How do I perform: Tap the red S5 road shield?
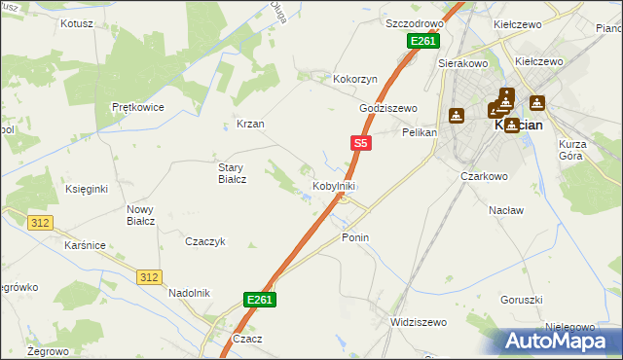tap(360, 143)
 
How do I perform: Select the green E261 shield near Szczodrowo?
tap(423, 41)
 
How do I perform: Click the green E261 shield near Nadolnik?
tap(260, 300)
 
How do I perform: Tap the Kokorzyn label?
tap(354, 78)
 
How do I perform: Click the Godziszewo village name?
tap(387, 108)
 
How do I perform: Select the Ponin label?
tap(355, 237)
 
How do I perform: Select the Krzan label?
tap(251, 124)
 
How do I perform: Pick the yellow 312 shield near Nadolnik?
tap(148, 277)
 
